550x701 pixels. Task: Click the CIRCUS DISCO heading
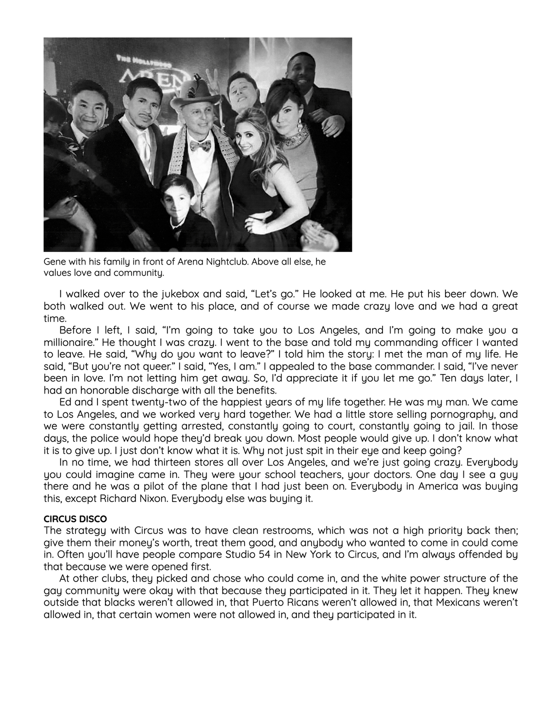coord(75,519)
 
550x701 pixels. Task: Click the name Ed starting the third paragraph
coord(65,402)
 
